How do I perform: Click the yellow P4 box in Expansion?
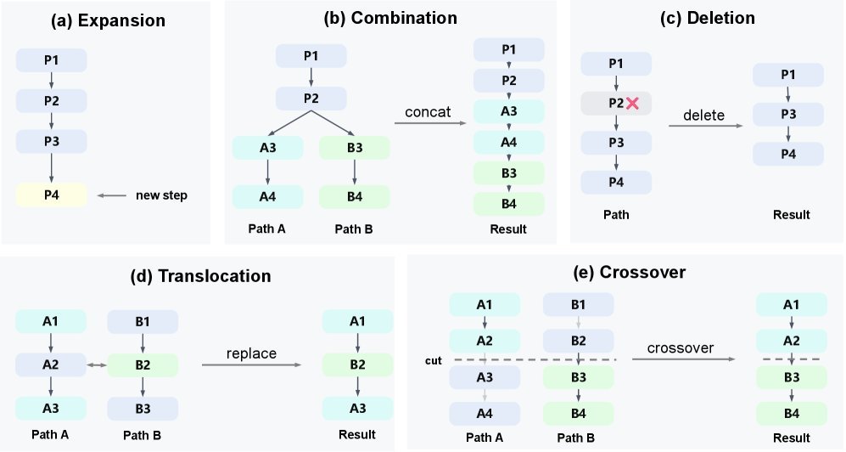[51, 195]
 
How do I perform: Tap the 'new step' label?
[161, 195]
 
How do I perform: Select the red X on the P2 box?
[632, 103]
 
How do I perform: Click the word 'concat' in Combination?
[428, 112]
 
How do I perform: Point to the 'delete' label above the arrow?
[703, 115]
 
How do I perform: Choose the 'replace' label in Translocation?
[251, 353]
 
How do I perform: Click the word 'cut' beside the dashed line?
[434, 360]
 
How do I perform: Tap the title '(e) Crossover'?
[629, 272]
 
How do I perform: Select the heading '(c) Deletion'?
[708, 18]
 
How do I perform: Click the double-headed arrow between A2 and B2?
[97, 365]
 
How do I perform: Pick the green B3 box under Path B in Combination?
[355, 148]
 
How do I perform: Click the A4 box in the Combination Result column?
[509, 142]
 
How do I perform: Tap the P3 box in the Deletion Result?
[788, 114]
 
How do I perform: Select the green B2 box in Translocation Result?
[358, 364]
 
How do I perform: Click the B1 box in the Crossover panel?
[579, 304]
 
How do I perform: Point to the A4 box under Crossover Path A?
[485, 414]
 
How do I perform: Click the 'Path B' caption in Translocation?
[142, 435]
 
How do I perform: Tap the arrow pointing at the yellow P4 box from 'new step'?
[112, 195]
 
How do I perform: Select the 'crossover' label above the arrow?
[681, 348]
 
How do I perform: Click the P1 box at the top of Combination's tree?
[311, 55]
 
